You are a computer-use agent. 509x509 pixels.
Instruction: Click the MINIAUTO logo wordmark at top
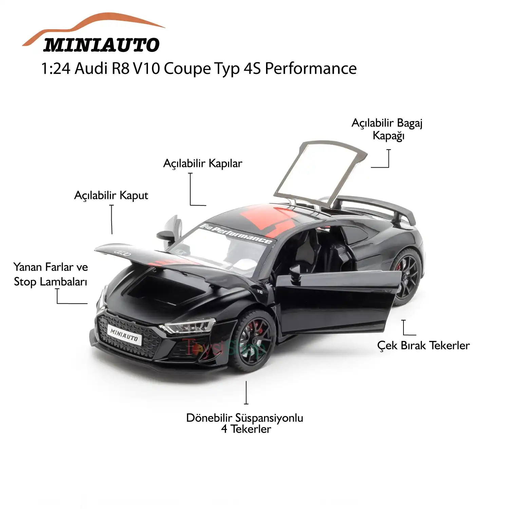101,45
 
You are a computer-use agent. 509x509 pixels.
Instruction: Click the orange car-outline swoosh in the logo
95,24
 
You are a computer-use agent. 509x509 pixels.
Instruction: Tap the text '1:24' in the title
56,69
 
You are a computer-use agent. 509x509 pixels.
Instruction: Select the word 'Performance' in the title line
310,69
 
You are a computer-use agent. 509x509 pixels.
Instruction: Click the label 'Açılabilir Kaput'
111,195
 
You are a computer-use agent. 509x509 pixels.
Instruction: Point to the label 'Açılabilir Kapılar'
203,164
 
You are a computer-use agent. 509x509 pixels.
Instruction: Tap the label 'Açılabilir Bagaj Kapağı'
387,129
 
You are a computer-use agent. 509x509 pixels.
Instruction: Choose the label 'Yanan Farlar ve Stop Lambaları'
51,274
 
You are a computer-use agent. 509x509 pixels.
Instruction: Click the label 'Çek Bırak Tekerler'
423,345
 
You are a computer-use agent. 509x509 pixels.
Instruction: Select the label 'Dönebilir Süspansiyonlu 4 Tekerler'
245,423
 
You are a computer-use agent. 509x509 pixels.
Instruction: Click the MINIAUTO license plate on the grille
124,335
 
